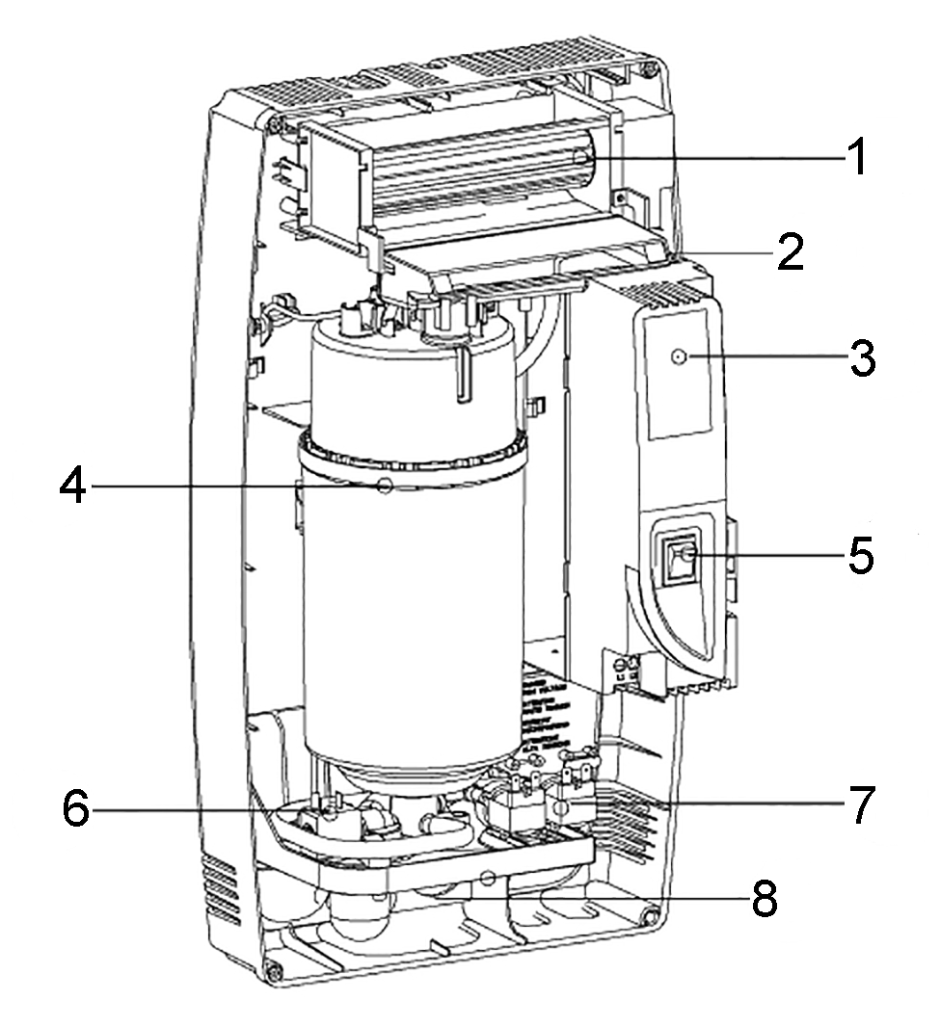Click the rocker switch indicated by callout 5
coord(678,558)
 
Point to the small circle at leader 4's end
coord(385,487)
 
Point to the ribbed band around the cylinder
coord(415,449)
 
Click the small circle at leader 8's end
coord(488,879)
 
